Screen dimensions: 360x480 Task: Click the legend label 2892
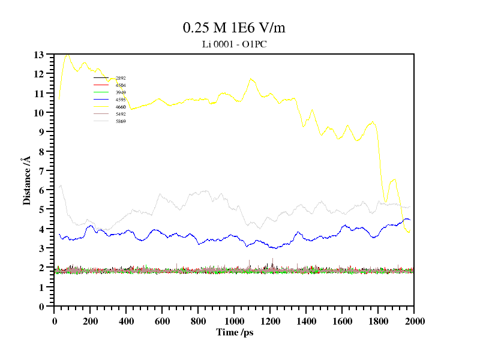(x=121, y=78)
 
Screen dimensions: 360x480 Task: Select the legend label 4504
(x=121, y=85)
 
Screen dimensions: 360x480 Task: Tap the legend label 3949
(x=121, y=92)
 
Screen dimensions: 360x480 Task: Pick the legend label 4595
(x=121, y=100)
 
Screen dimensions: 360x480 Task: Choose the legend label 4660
(x=121, y=107)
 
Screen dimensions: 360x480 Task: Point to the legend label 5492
(x=121, y=114)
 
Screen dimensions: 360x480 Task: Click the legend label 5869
(x=121, y=121)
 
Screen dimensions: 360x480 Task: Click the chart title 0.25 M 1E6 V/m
(x=238, y=28)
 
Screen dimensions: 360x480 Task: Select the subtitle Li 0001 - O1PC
(x=238, y=44)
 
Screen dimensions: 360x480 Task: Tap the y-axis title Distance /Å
(x=27, y=181)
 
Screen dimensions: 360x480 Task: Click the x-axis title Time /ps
(x=235, y=332)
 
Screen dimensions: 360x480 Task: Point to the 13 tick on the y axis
(x=40, y=55)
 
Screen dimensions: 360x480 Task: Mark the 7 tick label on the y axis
(x=41, y=171)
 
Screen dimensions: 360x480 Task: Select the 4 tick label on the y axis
(x=41, y=229)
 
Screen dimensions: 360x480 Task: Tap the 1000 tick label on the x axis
(x=235, y=321)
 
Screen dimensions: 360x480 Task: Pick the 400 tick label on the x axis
(x=127, y=321)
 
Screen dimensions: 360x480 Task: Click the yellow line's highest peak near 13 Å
(x=67, y=55)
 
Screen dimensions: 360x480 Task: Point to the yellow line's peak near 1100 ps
(x=251, y=79)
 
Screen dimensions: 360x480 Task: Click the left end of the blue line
(x=59, y=234)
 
